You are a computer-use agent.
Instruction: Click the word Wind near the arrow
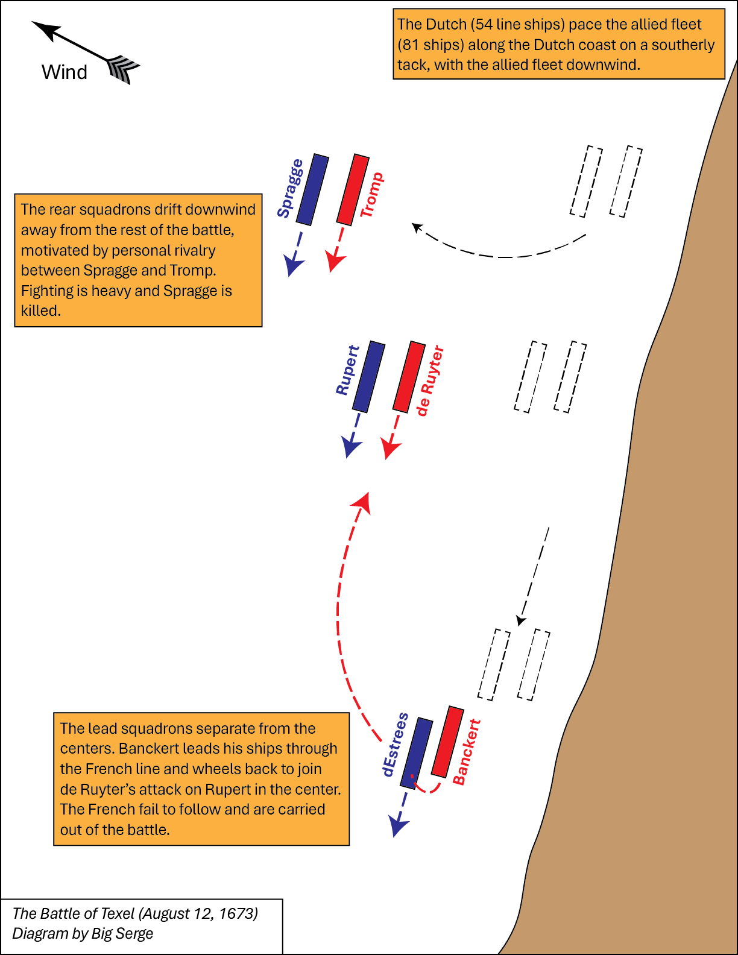click(64, 72)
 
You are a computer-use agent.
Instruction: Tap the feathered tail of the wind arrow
click(122, 69)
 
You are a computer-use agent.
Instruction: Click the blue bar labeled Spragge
click(312, 189)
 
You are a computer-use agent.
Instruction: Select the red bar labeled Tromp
click(353, 189)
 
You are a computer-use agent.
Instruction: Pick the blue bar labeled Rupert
click(369, 377)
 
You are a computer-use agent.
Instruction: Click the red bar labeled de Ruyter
click(409, 377)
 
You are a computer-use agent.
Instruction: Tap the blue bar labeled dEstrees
click(417, 753)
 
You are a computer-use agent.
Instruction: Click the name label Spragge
click(291, 188)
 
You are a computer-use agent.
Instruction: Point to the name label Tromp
click(372, 195)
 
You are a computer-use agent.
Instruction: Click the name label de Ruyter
click(430, 380)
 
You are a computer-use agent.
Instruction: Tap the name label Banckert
click(466, 752)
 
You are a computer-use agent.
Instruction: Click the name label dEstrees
click(395, 745)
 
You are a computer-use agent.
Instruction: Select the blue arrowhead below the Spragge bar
click(293, 265)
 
